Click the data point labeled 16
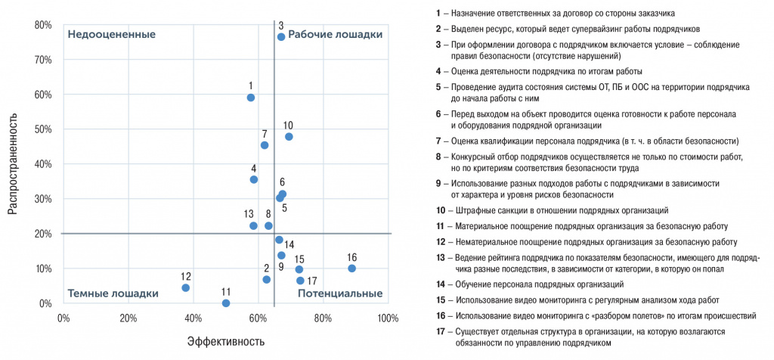(x=351, y=268)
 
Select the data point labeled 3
(x=281, y=36)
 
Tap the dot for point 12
(x=185, y=288)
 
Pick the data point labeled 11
(x=225, y=303)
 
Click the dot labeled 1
(x=251, y=98)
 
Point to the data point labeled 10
(x=289, y=137)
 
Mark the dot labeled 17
(x=300, y=281)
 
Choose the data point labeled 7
(x=265, y=145)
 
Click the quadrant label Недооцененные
(x=112, y=35)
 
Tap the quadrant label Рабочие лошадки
(x=336, y=35)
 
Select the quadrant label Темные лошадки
(x=113, y=293)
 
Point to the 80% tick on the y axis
(x=42, y=25)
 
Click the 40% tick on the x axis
(x=193, y=317)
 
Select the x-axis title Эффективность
(x=226, y=341)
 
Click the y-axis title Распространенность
(x=13, y=164)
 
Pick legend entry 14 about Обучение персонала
(x=529, y=284)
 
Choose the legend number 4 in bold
(x=438, y=72)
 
